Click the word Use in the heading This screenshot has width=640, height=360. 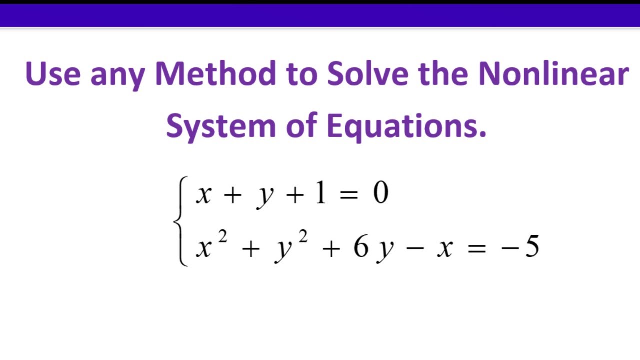[52, 74]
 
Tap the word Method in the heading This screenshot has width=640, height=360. [215, 74]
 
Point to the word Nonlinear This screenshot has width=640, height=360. [553, 74]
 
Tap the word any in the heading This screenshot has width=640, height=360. [117, 75]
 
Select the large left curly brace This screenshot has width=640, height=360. [180, 221]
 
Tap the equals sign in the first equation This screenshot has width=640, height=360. [348, 194]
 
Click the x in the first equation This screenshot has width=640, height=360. [203, 195]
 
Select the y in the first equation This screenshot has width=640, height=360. [265, 196]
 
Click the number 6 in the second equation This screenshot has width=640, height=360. [361, 247]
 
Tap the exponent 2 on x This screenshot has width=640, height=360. [223, 237]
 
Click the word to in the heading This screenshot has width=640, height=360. [302, 74]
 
